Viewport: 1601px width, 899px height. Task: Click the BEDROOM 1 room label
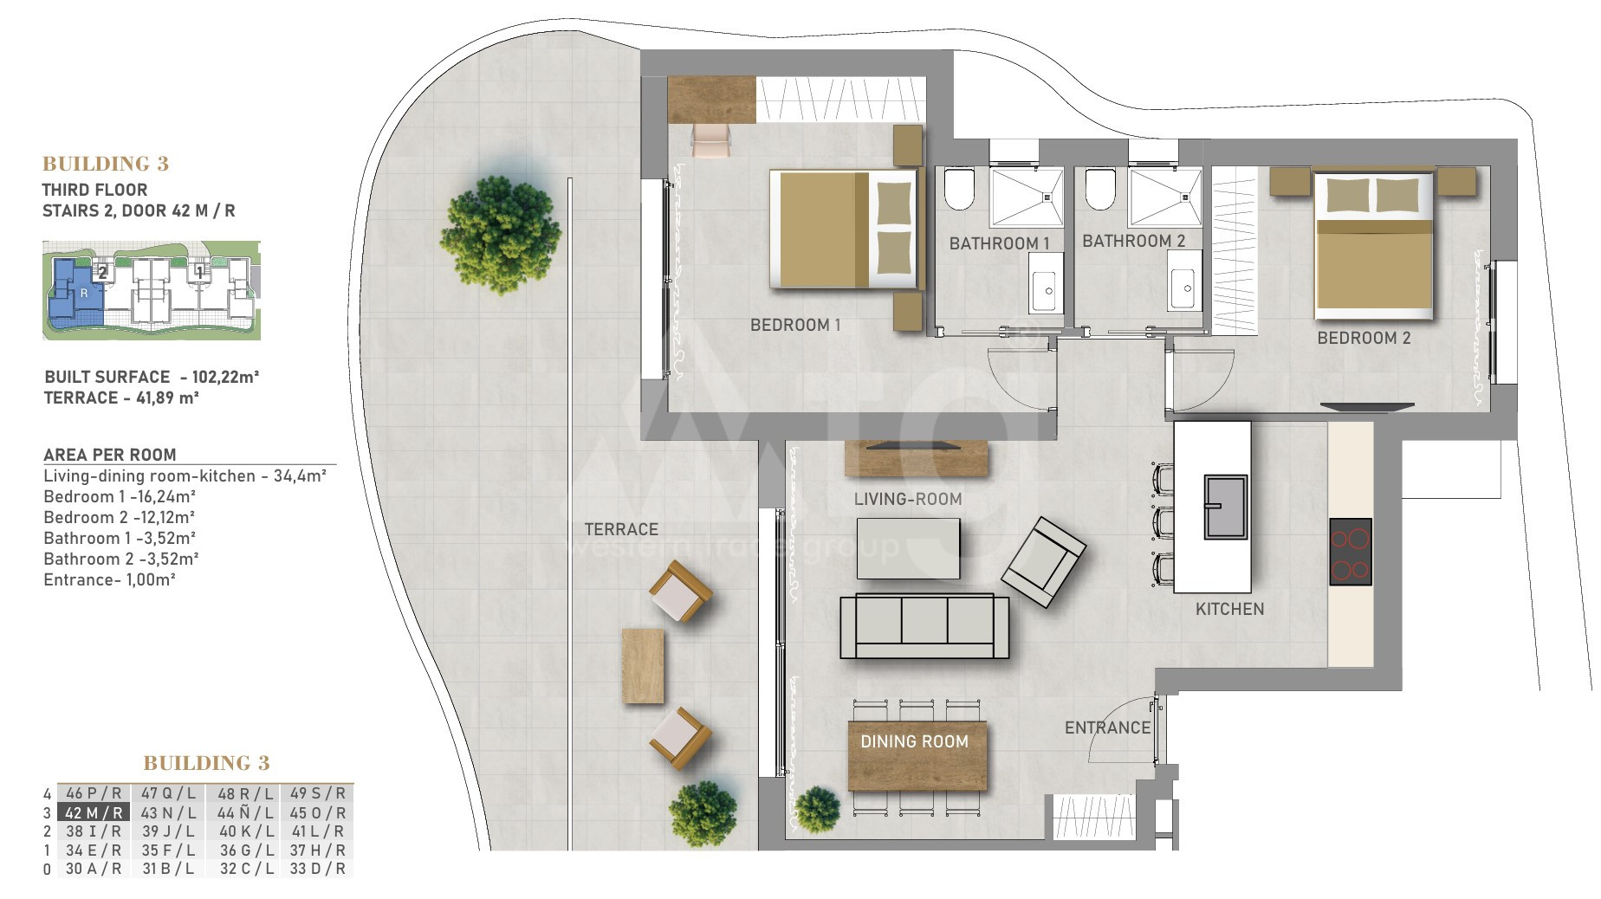click(x=795, y=325)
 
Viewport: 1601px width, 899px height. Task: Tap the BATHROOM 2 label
click(x=1133, y=241)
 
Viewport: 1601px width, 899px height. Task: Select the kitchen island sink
click(x=1225, y=507)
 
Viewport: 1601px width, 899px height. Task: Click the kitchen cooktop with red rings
click(x=1350, y=552)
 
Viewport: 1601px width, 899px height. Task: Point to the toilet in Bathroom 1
click(x=960, y=189)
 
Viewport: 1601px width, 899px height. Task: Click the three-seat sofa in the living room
click(x=924, y=626)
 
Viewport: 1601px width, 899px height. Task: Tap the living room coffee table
click(x=908, y=548)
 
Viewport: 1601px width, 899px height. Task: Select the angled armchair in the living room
click(x=1043, y=562)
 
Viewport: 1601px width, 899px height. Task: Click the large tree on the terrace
click(x=500, y=234)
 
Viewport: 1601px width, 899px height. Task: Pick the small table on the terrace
click(x=643, y=666)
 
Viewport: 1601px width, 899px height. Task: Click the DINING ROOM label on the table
click(x=914, y=741)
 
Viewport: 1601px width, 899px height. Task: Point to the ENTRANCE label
click(x=1107, y=728)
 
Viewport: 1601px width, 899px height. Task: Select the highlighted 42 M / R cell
click(x=94, y=812)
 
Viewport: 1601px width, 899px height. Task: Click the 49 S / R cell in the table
click(x=317, y=792)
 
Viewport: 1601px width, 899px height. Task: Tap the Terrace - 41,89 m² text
click(x=121, y=398)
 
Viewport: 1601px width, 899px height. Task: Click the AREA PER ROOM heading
click(x=110, y=455)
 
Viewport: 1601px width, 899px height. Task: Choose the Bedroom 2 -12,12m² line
click(x=120, y=517)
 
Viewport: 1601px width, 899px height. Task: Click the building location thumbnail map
click(x=152, y=290)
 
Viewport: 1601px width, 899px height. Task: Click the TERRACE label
click(x=621, y=529)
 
